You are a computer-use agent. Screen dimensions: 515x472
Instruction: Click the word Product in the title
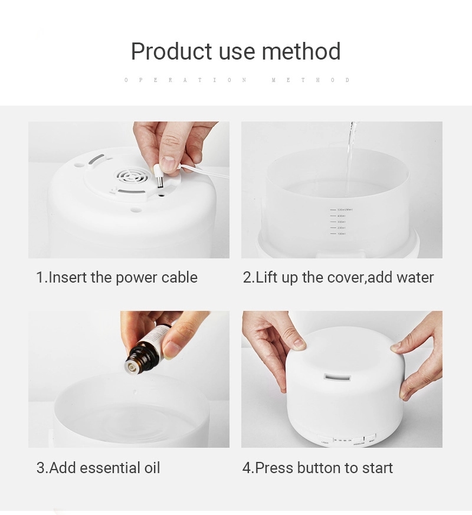(171, 52)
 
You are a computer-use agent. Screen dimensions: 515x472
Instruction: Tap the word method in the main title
(301, 52)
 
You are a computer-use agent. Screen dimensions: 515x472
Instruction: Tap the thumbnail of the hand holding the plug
(129, 189)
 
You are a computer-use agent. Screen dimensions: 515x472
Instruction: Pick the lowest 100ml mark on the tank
(340, 234)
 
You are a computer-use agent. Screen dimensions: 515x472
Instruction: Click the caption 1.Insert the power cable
(117, 277)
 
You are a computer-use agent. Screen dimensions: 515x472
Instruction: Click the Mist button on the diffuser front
(372, 439)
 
